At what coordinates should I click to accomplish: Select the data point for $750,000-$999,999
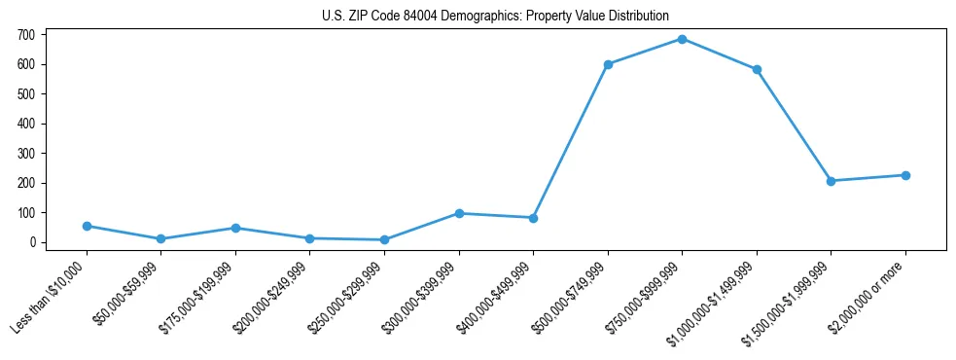tap(682, 39)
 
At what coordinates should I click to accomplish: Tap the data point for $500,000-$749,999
tap(608, 64)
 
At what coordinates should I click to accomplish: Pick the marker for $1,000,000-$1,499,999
tap(757, 69)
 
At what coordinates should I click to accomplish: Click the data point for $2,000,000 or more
tap(905, 175)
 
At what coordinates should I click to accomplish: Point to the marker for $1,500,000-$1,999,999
tap(831, 181)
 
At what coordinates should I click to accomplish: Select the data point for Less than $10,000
tap(87, 226)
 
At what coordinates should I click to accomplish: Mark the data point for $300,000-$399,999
tap(459, 213)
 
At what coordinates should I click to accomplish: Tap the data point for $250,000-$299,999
tap(384, 239)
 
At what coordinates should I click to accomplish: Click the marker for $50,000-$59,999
tap(160, 238)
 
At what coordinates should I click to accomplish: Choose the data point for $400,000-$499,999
tap(533, 218)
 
